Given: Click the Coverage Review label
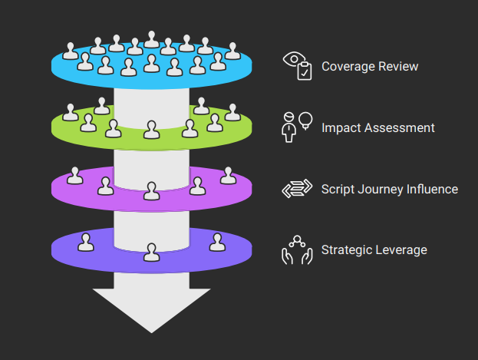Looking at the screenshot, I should pos(370,67).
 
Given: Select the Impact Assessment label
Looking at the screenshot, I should pos(378,128).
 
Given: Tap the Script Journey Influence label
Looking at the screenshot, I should pos(390,189).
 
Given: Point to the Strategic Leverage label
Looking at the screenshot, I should pos(374,250).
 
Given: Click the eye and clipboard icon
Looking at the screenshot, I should pos(298,66).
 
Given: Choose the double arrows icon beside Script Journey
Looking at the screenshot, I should pos(296,190).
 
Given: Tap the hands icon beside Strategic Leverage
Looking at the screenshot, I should pos(296,251).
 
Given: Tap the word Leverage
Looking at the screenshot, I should pos(401,250).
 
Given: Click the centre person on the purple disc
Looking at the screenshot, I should pos(152,190).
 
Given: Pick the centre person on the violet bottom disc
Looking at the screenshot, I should pos(152,252).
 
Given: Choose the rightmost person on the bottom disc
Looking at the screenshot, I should pos(218,243).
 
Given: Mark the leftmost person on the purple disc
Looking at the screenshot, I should pos(74,176).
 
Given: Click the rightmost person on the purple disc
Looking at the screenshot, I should pos(228,176).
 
